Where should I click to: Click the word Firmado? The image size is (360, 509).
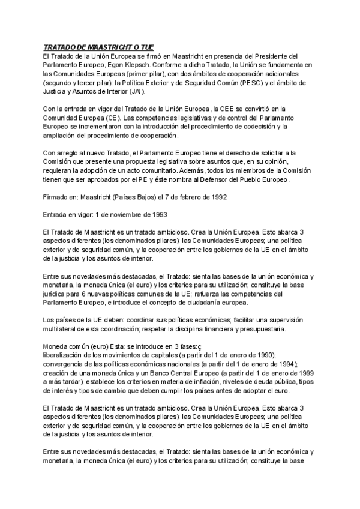pos(56,197)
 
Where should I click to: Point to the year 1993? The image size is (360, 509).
pos(157,214)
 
